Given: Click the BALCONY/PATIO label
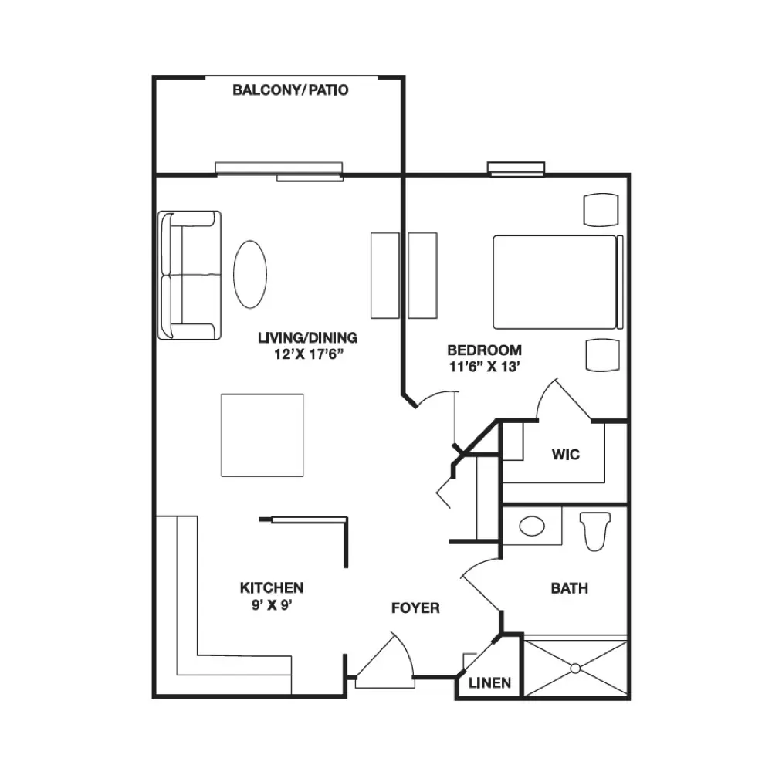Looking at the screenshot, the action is pyautogui.click(x=290, y=90).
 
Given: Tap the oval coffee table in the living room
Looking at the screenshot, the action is pyautogui.click(x=250, y=274).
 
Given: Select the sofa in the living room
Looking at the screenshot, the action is pyautogui.click(x=189, y=276).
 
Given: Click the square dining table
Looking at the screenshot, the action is pyautogui.click(x=262, y=435).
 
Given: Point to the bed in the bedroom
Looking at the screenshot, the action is pyautogui.click(x=558, y=282).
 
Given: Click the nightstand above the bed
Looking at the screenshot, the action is pyautogui.click(x=601, y=210).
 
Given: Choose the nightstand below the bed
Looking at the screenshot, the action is pyautogui.click(x=603, y=354).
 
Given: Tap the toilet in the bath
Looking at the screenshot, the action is pyautogui.click(x=595, y=531).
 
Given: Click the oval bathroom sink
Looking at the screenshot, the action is pyautogui.click(x=532, y=526).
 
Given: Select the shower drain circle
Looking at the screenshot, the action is pyautogui.click(x=575, y=668).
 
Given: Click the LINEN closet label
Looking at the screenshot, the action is pyautogui.click(x=489, y=683).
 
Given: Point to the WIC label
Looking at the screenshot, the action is pyautogui.click(x=566, y=455).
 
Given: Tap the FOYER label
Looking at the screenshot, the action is pyautogui.click(x=415, y=608).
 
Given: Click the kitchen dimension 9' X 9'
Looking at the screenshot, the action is pyautogui.click(x=272, y=604).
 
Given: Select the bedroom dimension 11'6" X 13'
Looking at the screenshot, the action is pyautogui.click(x=485, y=367).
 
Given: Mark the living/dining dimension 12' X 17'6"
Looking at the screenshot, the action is pyautogui.click(x=308, y=354).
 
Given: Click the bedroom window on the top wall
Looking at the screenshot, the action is pyautogui.click(x=516, y=168).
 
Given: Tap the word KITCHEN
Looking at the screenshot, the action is pyautogui.click(x=272, y=587).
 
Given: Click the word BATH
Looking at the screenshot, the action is pyautogui.click(x=570, y=588).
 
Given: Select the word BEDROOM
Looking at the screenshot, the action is pyautogui.click(x=485, y=350).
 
